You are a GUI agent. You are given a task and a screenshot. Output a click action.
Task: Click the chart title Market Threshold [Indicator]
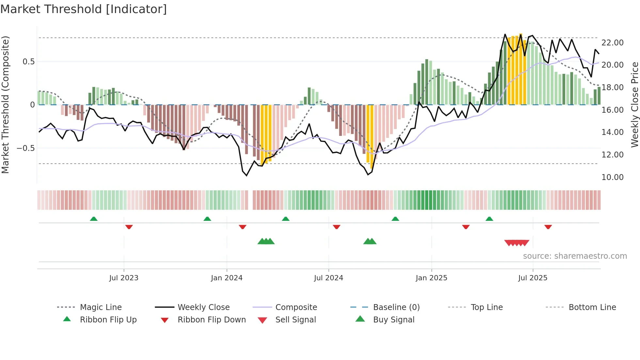click(x=84, y=9)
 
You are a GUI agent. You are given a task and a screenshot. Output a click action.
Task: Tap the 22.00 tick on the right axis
click(x=612, y=43)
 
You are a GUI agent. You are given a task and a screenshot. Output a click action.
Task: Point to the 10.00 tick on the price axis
click(x=612, y=177)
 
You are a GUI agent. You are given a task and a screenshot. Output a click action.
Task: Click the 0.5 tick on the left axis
click(x=28, y=62)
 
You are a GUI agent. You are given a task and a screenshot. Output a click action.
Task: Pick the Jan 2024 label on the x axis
click(x=227, y=278)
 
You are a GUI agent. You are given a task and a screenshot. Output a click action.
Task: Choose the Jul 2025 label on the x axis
click(x=533, y=278)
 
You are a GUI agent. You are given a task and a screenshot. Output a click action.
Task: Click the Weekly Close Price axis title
click(x=634, y=105)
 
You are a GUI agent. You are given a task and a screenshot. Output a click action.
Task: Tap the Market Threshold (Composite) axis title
click(x=5, y=105)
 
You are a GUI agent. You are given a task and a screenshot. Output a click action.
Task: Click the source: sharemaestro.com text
click(x=575, y=256)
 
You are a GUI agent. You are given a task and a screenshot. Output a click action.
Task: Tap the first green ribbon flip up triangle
click(x=94, y=219)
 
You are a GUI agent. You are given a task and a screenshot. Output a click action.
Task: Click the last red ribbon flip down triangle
click(x=548, y=227)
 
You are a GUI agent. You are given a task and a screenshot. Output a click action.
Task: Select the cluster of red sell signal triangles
click(x=517, y=243)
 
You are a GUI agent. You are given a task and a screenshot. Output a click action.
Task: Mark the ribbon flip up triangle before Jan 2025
click(x=395, y=219)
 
